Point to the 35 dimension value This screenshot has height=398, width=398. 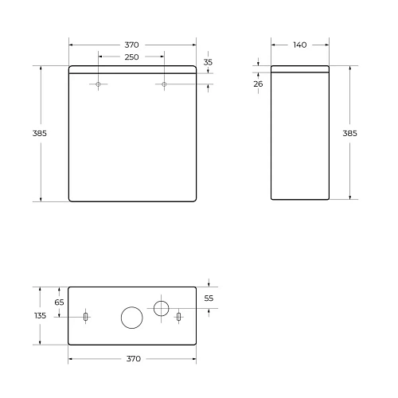pyautogui.click(x=209, y=62)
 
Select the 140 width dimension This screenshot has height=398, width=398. pyautogui.click(x=299, y=45)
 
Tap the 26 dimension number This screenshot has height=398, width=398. pyautogui.click(x=259, y=84)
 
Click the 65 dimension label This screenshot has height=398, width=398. pyautogui.click(x=59, y=302)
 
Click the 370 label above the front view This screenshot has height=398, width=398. pyautogui.click(x=131, y=45)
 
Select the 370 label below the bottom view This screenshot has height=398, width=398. pyautogui.click(x=131, y=359)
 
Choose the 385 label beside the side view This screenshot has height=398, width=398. pyautogui.click(x=349, y=133)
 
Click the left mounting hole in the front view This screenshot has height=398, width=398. pyautogui.click(x=99, y=84)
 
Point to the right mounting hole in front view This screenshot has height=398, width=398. pyautogui.click(x=164, y=84)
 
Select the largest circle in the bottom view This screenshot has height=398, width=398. pyautogui.click(x=131, y=317)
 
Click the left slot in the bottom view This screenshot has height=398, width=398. pyautogui.click(x=85, y=317)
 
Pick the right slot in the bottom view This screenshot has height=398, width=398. pyautogui.click(x=178, y=317)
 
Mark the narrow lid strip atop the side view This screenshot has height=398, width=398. pyautogui.click(x=299, y=68)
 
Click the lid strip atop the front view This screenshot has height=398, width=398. pyautogui.click(x=131, y=68)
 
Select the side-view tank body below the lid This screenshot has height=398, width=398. pyautogui.click(x=299, y=135)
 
